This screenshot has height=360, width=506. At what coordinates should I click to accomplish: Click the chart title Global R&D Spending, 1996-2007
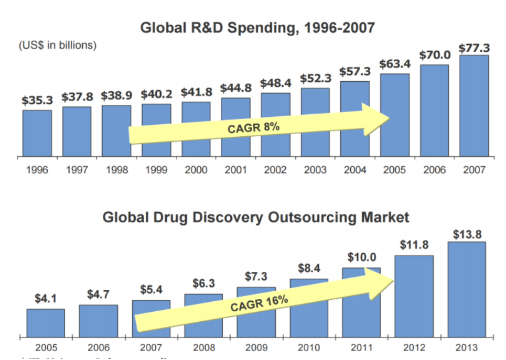257,27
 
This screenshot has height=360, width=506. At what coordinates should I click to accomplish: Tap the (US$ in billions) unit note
58,46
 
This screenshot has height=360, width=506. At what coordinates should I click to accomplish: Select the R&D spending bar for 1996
37,133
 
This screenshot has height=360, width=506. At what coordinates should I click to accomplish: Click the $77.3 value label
474,48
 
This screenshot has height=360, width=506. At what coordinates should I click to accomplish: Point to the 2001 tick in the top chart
235,170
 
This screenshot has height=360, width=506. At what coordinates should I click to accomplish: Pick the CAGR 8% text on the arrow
253,127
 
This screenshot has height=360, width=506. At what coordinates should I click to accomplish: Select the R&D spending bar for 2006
434,110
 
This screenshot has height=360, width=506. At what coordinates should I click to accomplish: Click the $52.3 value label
316,78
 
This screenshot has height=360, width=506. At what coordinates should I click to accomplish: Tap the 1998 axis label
116,170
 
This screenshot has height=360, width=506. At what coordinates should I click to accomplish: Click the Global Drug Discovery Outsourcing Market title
256,217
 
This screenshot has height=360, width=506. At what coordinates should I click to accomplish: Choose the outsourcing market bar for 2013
466,289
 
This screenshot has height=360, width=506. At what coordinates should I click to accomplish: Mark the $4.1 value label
46,299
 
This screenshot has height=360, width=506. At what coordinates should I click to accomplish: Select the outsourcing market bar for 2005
46,323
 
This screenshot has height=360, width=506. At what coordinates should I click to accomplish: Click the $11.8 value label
414,245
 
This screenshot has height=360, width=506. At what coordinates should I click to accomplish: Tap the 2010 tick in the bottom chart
309,347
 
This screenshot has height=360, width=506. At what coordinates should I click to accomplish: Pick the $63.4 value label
395,64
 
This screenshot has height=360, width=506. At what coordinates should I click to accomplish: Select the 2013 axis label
466,347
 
